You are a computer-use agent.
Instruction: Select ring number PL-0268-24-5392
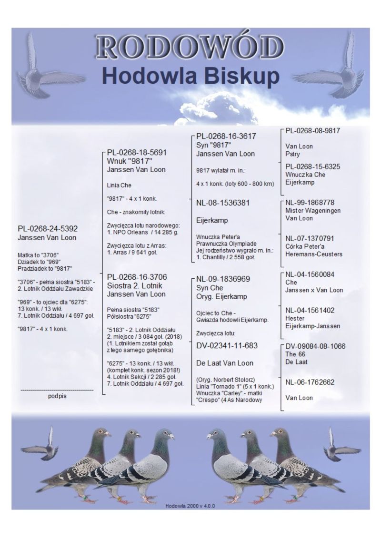point(48,229)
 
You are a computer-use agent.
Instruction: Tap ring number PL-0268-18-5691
point(137,153)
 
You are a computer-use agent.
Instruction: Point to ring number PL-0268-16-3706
point(137,277)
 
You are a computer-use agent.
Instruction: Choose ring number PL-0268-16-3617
point(226,136)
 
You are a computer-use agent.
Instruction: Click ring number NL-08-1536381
point(223,203)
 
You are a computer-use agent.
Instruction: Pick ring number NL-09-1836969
point(223,279)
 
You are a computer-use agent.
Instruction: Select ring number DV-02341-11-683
point(227,345)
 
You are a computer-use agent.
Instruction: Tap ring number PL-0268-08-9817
point(313,130)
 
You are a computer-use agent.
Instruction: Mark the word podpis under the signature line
point(57,395)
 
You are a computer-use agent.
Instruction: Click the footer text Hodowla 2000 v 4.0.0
point(190,506)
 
